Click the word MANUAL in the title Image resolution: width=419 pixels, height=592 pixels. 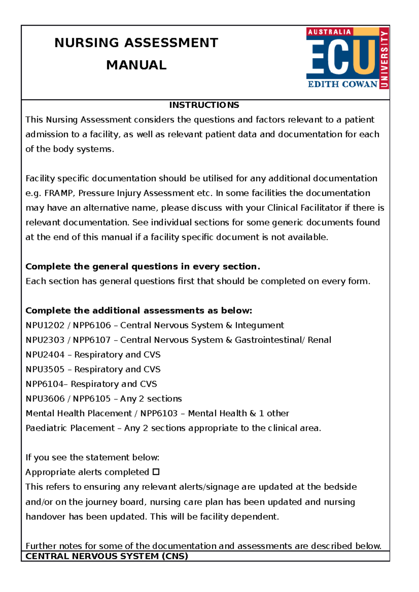point(136,65)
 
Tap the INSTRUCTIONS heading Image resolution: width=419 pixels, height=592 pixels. point(204,105)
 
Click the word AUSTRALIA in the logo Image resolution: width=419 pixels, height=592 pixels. point(329,32)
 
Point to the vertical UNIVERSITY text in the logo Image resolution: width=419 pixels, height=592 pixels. point(384,59)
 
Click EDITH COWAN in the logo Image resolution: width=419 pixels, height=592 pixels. point(343,84)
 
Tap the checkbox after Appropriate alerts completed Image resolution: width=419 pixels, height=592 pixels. point(156,472)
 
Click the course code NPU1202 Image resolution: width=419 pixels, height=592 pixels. point(45,325)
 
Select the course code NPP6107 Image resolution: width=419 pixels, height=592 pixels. point(91,340)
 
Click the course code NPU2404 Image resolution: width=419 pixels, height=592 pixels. point(45,355)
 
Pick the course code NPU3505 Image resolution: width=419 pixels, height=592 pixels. point(45,369)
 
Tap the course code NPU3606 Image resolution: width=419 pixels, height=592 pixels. point(45,399)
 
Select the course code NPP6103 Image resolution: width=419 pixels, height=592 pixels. point(159,413)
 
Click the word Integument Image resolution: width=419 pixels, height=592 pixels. point(259,325)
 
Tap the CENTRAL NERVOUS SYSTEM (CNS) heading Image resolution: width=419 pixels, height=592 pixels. point(107,556)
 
